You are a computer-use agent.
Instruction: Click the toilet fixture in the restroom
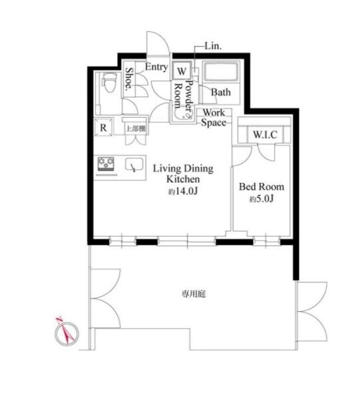[108, 82]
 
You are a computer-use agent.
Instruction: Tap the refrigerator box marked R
[103, 127]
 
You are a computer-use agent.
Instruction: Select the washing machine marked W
[181, 70]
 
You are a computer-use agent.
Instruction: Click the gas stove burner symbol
[106, 164]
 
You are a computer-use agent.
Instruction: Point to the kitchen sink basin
[134, 164]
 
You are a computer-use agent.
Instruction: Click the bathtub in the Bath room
[221, 72]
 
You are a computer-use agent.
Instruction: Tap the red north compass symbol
[66, 332]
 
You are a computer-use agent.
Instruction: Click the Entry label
[156, 67]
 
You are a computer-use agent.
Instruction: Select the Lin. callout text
[213, 47]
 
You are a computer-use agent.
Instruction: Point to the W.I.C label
[265, 134]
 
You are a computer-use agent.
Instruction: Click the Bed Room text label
[262, 187]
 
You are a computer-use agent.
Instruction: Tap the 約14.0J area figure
[183, 192]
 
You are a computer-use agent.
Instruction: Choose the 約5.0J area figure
[262, 199]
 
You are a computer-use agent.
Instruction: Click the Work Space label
[214, 118]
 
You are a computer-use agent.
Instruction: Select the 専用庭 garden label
[194, 295]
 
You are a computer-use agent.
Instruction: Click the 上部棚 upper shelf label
[136, 129]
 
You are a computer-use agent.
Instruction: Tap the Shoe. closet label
[129, 78]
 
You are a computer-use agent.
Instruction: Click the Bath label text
[221, 92]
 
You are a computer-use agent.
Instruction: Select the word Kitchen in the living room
[183, 179]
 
